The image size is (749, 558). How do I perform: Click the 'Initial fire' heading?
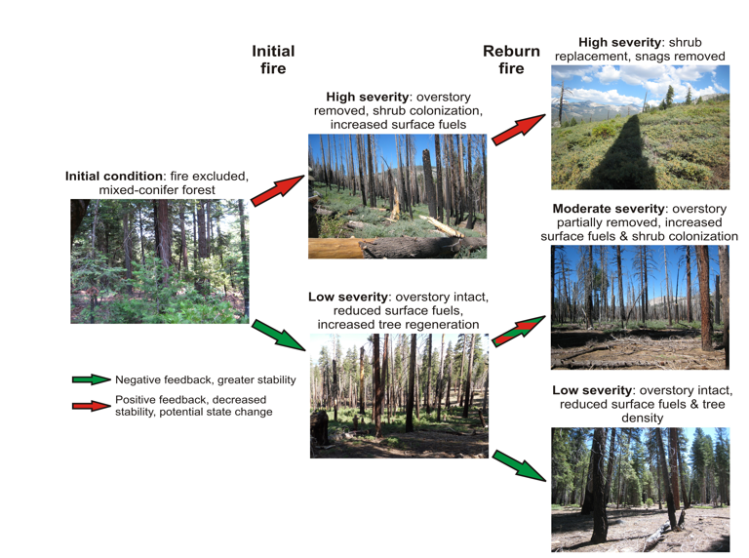tap(273, 60)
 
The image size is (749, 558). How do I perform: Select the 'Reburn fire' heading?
tap(511, 60)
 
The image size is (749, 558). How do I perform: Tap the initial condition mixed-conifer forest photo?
tap(159, 260)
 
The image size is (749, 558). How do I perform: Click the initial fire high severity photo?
tap(397, 195)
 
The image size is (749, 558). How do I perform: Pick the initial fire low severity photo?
tap(399, 395)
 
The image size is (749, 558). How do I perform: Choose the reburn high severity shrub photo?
tap(640, 127)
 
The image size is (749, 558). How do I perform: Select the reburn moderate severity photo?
tap(640, 307)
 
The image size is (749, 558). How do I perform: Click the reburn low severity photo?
tap(640, 490)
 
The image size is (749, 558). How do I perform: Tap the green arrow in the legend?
tap(92, 379)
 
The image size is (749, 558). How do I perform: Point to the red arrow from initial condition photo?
tap(278, 191)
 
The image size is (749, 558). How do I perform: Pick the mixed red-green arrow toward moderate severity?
tap(518, 332)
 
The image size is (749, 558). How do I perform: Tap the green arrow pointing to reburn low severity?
tap(518, 465)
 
